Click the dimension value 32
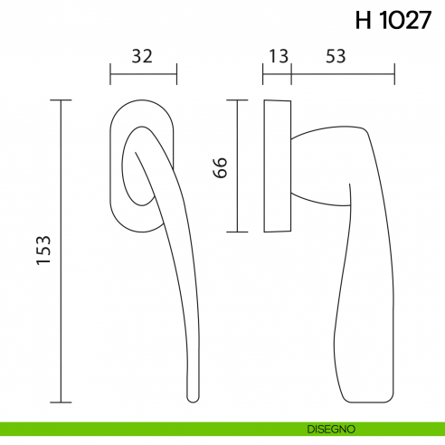pos(141,56)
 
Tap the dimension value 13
pos(278,56)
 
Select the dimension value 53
pos(336,56)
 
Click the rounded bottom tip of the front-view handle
pos(192,398)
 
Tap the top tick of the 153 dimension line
pos(61,99)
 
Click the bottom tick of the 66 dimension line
pos(237,232)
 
